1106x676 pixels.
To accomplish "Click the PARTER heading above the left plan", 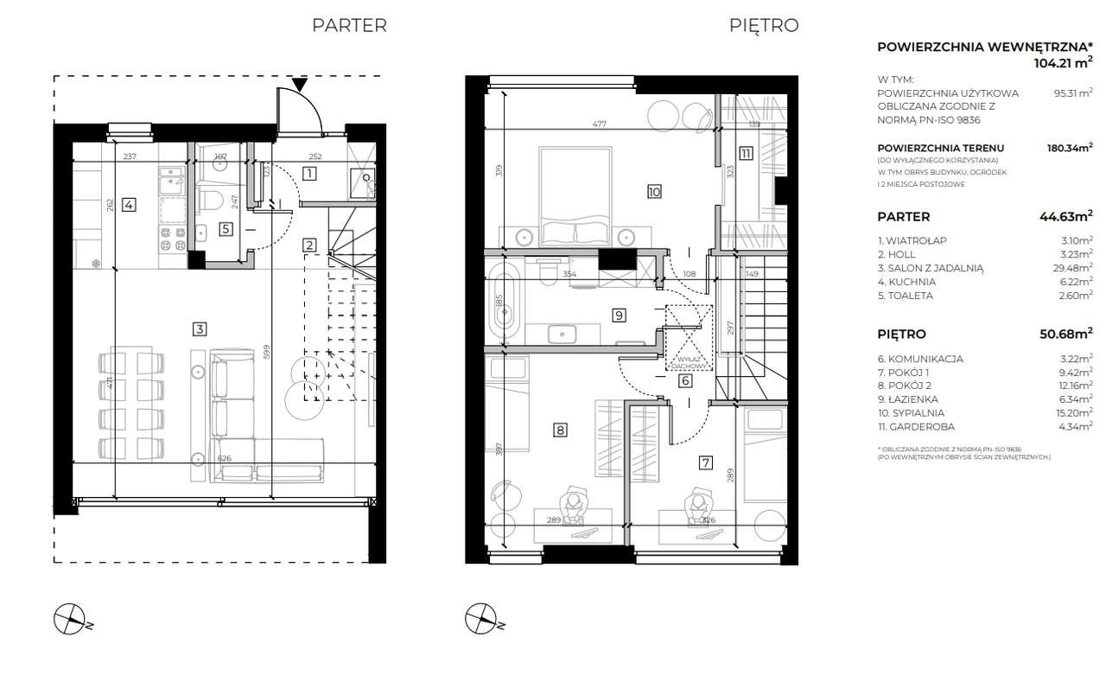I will (349, 26).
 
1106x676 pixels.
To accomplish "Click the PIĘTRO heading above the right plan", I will (763, 26).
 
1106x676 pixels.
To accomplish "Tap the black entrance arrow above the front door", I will (299, 85).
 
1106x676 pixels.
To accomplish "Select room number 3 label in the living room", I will (200, 328).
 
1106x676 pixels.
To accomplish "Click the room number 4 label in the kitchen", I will (128, 205).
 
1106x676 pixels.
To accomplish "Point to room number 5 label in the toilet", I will (225, 229).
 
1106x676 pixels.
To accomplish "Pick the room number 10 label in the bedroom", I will (653, 192).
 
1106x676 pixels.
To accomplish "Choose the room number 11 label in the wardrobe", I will (745, 154).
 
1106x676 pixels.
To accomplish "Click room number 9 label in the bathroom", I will (619, 316).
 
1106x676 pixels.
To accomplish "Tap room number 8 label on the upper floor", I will (560, 429).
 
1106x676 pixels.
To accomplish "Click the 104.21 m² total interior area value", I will (1063, 63).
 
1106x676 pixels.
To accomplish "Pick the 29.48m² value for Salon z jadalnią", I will (1071, 268).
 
